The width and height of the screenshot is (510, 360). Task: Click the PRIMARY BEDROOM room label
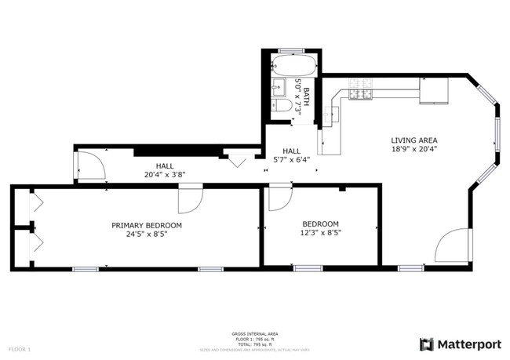pyautogui.click(x=146, y=225)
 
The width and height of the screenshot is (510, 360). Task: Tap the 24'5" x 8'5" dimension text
pyautogui.click(x=146, y=235)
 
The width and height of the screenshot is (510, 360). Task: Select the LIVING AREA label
pyautogui.click(x=413, y=140)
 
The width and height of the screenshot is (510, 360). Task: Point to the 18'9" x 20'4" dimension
pyautogui.click(x=413, y=149)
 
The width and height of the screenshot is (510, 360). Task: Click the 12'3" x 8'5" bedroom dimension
pyautogui.click(x=320, y=233)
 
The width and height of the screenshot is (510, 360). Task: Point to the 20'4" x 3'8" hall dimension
pyautogui.click(x=164, y=175)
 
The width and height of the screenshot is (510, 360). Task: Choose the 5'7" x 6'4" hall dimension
pyautogui.click(x=291, y=160)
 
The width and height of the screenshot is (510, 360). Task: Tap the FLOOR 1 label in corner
pyautogui.click(x=20, y=348)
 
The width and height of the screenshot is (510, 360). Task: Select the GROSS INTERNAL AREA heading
pyautogui.click(x=254, y=333)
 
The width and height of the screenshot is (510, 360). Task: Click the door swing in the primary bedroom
pyautogui.click(x=189, y=200)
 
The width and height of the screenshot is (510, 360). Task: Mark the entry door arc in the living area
pyautogui.click(x=453, y=246)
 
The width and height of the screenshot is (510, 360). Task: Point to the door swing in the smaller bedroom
pyautogui.click(x=279, y=198)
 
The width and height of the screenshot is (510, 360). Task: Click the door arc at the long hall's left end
pyautogui.click(x=91, y=166)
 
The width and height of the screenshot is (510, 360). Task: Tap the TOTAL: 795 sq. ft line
pyautogui.click(x=254, y=344)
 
